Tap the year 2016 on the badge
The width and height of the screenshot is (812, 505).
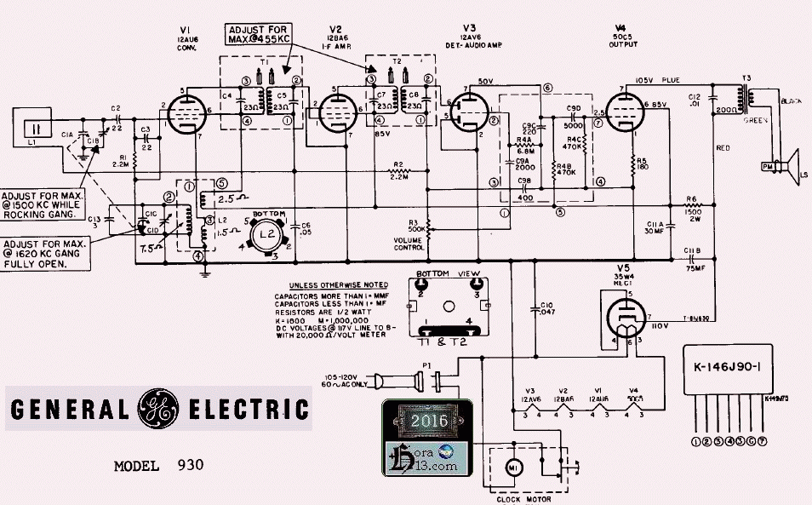423,419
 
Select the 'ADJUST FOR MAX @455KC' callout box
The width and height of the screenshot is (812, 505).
258,35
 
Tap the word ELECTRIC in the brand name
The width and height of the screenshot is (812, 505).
247,410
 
